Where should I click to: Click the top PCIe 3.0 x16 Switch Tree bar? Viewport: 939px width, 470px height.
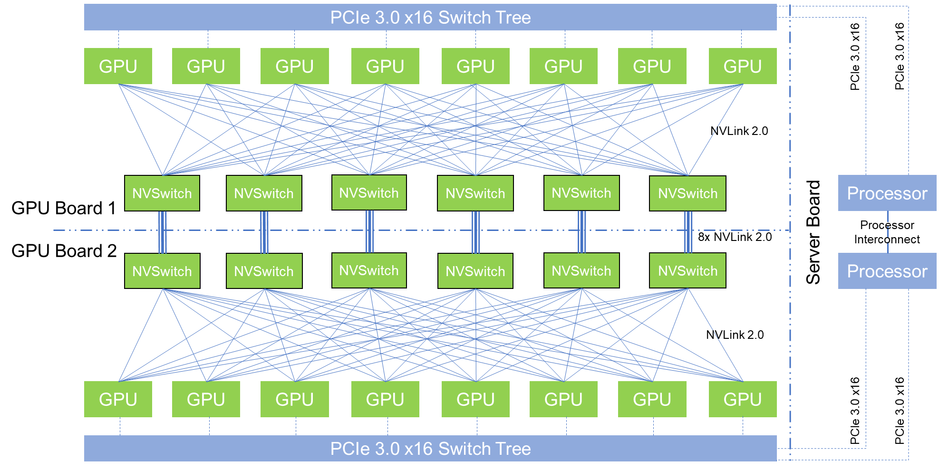pos(430,18)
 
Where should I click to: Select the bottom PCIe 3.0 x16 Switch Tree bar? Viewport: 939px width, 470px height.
pos(430,449)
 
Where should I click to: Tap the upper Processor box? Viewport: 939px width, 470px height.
pos(887,193)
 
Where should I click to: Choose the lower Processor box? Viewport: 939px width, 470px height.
pos(887,271)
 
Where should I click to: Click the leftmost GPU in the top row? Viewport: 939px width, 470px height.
pos(118,66)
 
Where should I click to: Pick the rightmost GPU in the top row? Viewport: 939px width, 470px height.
pos(743,66)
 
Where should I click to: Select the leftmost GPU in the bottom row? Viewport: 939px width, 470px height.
pos(118,399)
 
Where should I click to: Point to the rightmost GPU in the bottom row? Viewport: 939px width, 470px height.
pos(743,399)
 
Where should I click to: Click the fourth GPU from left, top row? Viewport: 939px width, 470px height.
pos(385,66)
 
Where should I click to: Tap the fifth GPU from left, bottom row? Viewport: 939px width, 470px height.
pos(475,399)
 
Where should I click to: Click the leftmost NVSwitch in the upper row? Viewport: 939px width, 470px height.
pos(162,193)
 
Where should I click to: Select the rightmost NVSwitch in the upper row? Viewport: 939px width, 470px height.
pos(687,193)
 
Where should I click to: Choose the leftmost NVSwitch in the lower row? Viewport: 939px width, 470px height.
pos(162,271)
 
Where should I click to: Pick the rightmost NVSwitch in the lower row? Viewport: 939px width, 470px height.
pos(687,271)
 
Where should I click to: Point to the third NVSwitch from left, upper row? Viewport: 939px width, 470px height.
pos(369,192)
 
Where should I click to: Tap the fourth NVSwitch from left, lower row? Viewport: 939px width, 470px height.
pos(475,271)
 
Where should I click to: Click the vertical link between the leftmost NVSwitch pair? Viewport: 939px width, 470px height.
pos(163,232)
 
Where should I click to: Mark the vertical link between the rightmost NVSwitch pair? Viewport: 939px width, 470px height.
pos(688,232)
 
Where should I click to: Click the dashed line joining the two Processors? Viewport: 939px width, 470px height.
pos(888,232)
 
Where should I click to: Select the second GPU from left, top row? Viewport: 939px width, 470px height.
pos(206,66)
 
